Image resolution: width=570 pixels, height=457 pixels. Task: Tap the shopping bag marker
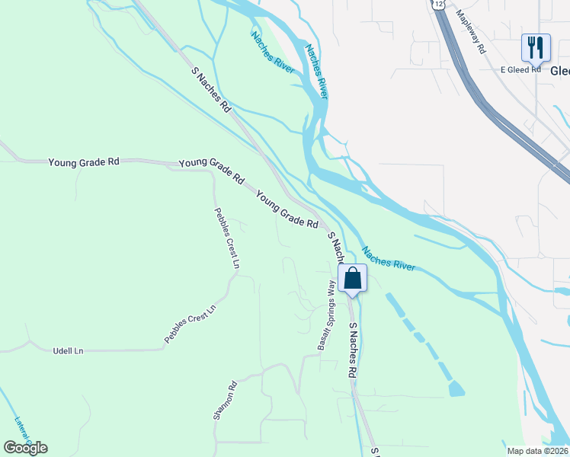pos(353,277)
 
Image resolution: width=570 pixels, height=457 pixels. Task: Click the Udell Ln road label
pos(67,351)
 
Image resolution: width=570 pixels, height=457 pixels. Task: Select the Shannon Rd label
pos(226,400)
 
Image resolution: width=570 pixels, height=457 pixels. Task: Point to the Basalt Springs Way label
pos(326,315)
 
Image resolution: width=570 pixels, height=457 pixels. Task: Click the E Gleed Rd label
pos(520,69)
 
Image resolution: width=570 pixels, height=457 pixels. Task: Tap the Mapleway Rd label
pos(470,31)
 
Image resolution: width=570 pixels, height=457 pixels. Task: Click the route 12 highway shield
pos(436,4)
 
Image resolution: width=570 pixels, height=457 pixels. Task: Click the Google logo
pos(25,447)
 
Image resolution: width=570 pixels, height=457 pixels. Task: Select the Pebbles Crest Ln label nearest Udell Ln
pos(191,324)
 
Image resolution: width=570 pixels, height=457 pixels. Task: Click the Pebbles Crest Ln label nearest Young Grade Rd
pos(226,238)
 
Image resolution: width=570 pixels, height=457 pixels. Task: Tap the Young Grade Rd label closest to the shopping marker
pos(287,209)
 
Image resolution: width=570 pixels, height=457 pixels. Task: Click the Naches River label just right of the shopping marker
pos(389,258)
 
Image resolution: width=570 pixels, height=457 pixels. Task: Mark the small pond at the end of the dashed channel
pos(456,389)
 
